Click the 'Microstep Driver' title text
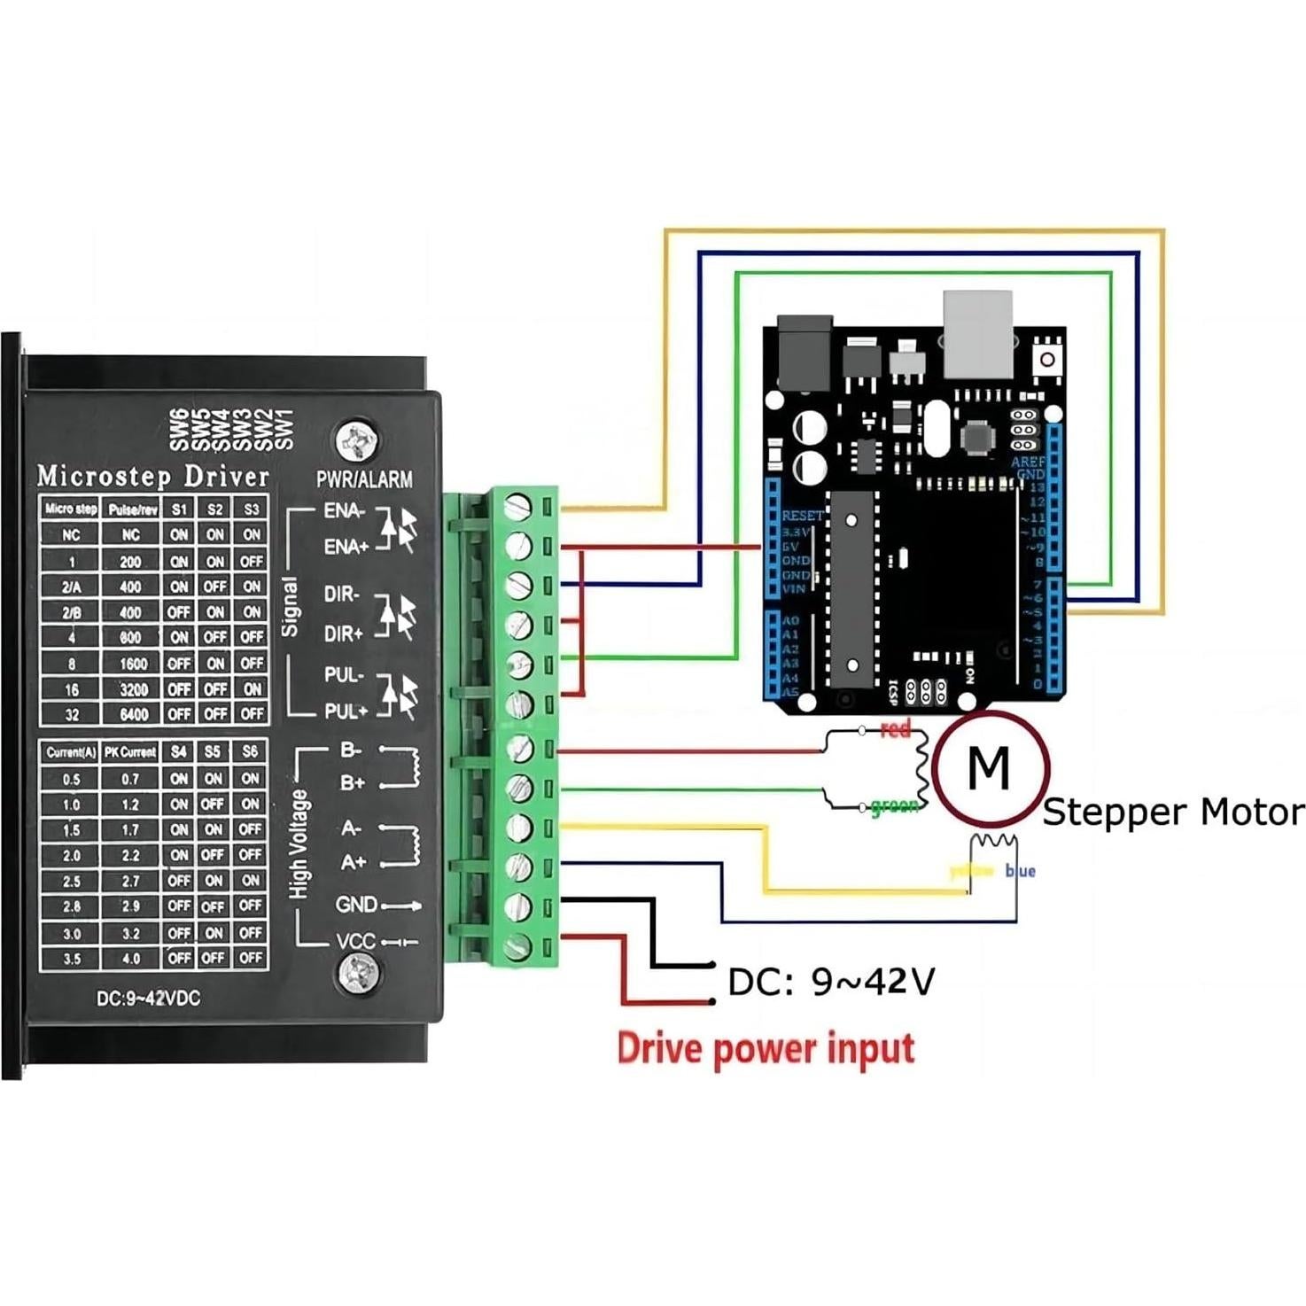[152, 477]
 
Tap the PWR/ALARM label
[364, 480]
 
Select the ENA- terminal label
[344, 511]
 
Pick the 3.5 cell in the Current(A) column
[71, 959]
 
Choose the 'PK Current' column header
[130, 752]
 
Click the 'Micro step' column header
[70, 509]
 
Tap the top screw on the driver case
[358, 440]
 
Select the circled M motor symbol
[990, 767]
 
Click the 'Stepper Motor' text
[1173, 812]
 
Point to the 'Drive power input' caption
[766, 1048]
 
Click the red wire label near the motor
[896, 730]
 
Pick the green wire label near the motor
[893, 807]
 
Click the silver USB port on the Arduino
[977, 333]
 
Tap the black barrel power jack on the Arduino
[805, 351]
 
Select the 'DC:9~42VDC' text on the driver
[148, 999]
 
